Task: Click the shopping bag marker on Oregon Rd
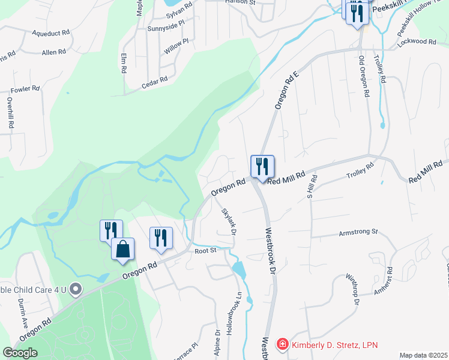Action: click(x=122, y=249)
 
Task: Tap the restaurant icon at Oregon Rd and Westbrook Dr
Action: click(x=262, y=166)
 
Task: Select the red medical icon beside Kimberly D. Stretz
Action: click(x=282, y=344)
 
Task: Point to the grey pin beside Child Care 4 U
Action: click(x=75, y=290)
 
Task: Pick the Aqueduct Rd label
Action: click(x=52, y=33)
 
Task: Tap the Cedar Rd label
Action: click(x=154, y=82)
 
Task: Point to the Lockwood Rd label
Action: click(x=420, y=42)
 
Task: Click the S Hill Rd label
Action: click(x=311, y=184)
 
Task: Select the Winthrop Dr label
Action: click(x=352, y=290)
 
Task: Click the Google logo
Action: click(x=20, y=353)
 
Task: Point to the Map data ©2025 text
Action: click(x=423, y=355)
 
